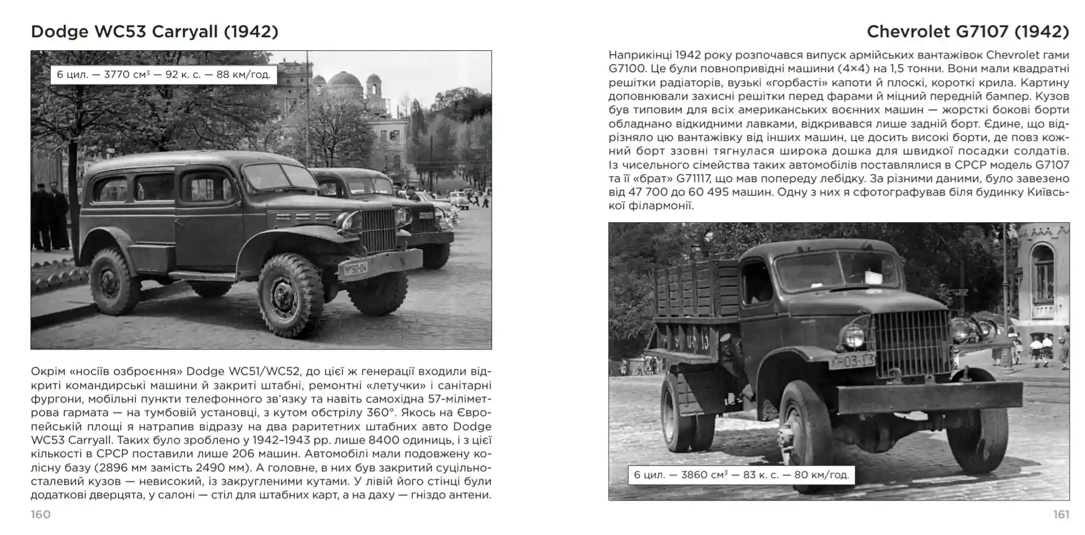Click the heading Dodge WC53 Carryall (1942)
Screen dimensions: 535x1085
tap(155, 32)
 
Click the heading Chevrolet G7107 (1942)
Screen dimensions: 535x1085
tap(967, 32)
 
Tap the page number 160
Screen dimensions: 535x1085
tap(41, 514)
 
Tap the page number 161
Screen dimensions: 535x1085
tap(1061, 514)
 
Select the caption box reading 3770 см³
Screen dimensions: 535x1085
tap(164, 74)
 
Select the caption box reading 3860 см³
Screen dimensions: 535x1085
tap(741, 475)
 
